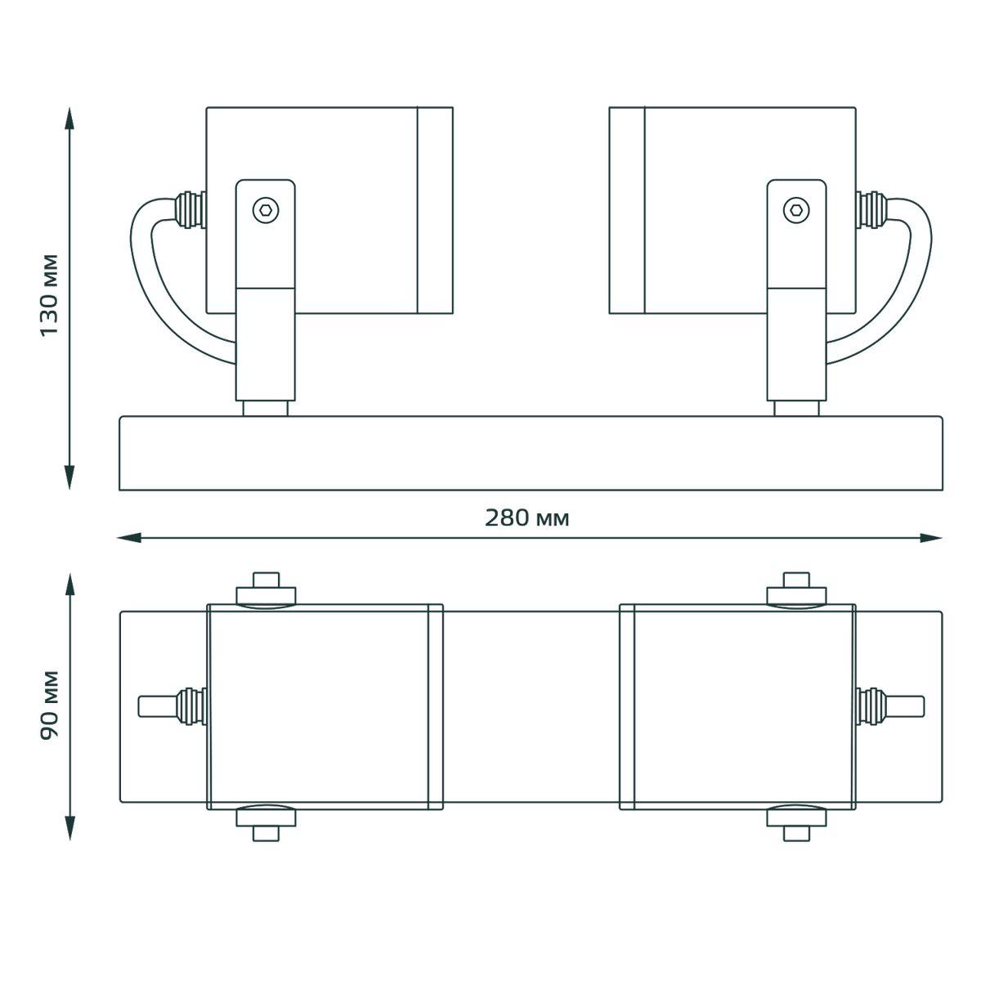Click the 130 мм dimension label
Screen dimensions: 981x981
tap(49, 295)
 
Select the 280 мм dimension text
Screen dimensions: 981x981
tap(526, 517)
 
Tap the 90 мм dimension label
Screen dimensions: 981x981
tap(49, 705)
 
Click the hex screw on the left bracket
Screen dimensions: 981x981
tap(266, 210)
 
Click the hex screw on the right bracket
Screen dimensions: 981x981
tap(796, 210)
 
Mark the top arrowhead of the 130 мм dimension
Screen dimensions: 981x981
tap(69, 119)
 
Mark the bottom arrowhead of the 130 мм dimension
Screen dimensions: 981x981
tap(69, 477)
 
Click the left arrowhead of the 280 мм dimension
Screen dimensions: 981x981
tap(129, 538)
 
